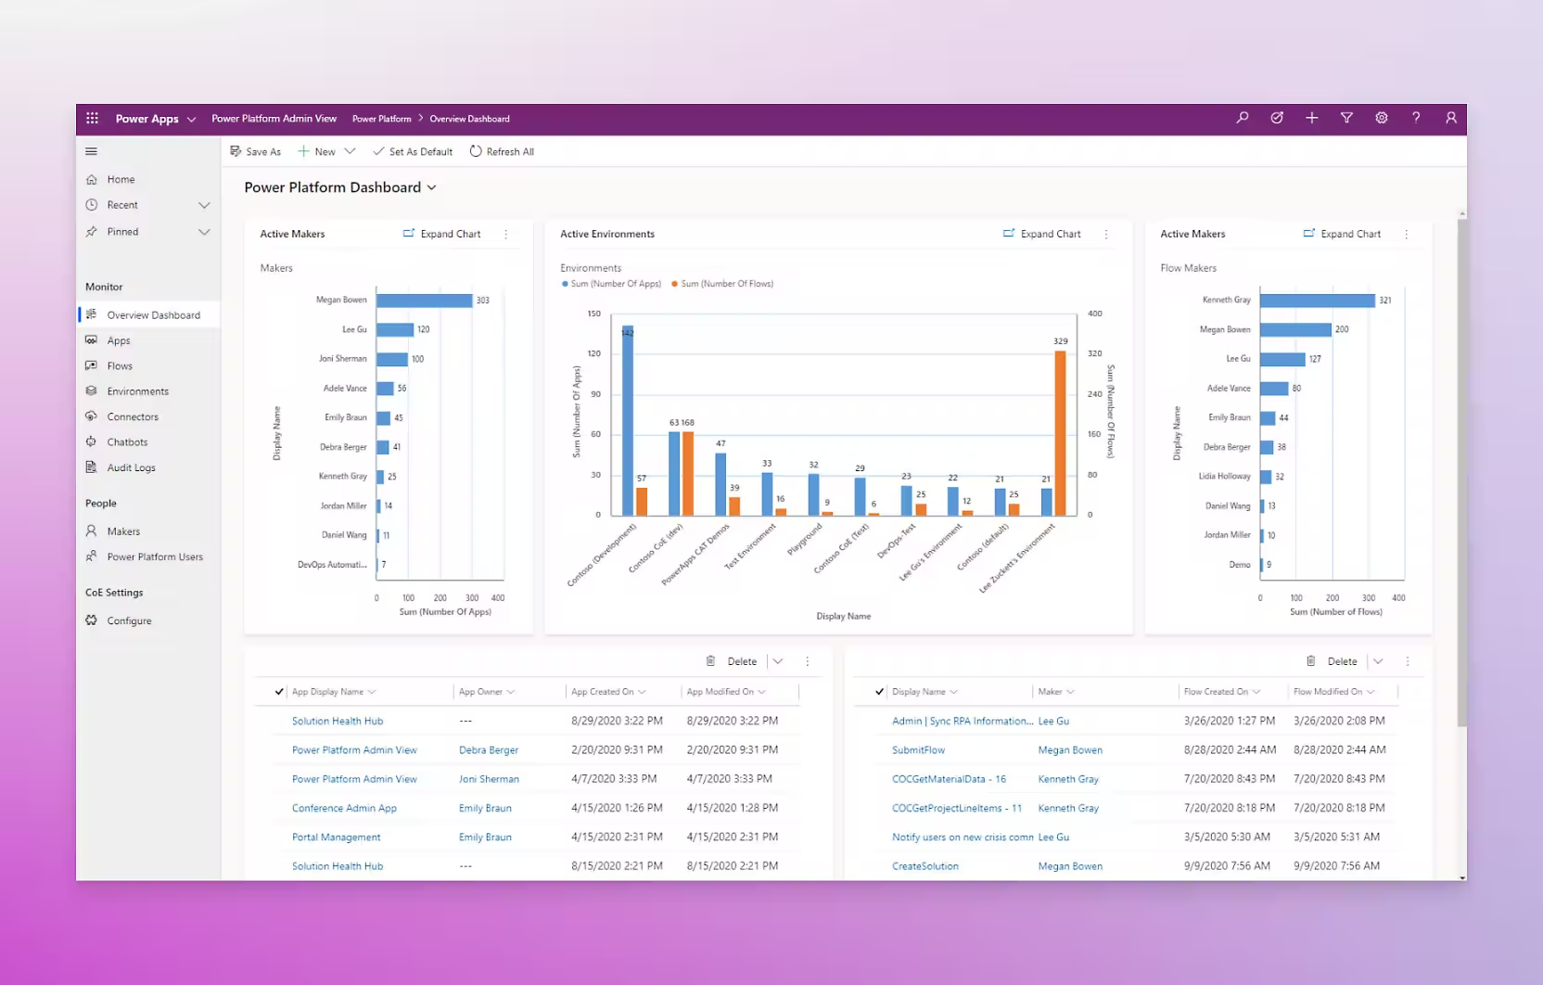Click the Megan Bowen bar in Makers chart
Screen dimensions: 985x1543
click(x=424, y=301)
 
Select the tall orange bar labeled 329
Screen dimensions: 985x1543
click(x=1060, y=432)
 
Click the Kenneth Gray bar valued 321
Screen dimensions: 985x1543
click(x=1317, y=301)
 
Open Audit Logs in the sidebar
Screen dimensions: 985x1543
click(x=131, y=467)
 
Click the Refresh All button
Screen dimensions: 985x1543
click(x=502, y=152)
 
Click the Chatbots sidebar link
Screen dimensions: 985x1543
click(x=127, y=442)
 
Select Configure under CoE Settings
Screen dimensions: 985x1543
click(x=129, y=620)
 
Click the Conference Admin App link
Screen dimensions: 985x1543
click(x=344, y=808)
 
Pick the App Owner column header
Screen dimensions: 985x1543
click(x=481, y=692)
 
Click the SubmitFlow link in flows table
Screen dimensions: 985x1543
click(x=918, y=749)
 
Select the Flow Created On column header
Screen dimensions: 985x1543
click(x=1216, y=692)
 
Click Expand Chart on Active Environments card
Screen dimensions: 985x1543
click(x=1042, y=234)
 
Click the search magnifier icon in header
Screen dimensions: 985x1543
click(x=1243, y=119)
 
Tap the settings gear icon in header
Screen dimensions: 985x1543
click(x=1381, y=119)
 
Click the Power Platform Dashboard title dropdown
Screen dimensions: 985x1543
click(x=340, y=187)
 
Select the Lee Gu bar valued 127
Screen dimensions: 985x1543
click(x=1282, y=359)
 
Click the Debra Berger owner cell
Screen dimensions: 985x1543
click(x=489, y=750)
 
